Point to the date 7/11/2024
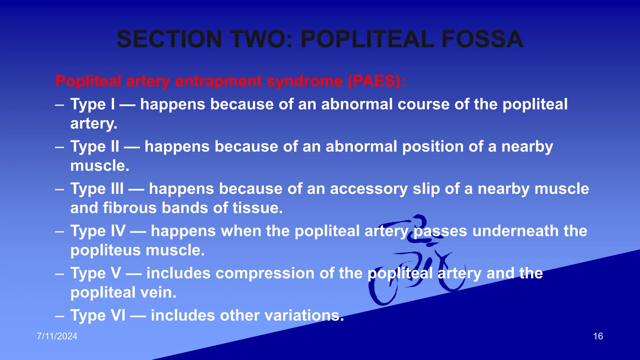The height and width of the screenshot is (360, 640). click(57, 336)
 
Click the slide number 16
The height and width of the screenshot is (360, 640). click(598, 336)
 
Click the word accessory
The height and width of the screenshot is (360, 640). click(369, 189)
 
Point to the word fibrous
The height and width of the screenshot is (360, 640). click(130, 208)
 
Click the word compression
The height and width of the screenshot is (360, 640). click(254, 273)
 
